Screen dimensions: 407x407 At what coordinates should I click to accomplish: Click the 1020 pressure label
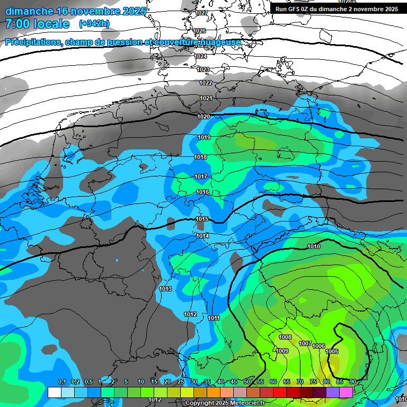[x=203, y=117]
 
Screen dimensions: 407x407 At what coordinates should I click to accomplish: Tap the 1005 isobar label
[x=332, y=351]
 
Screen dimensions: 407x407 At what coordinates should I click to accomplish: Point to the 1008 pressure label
[x=285, y=337]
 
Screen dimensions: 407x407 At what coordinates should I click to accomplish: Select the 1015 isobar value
[x=202, y=219]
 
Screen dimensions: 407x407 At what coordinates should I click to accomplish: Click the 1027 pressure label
[x=201, y=13]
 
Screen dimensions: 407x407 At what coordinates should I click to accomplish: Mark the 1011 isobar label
[x=214, y=318]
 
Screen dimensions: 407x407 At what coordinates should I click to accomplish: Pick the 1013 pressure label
[x=165, y=289]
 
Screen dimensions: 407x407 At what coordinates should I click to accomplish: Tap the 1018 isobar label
[x=200, y=157]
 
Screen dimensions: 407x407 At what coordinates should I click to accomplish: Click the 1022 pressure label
[x=206, y=83]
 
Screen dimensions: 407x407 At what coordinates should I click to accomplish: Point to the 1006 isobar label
[x=318, y=346]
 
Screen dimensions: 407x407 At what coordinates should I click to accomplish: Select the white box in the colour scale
[x=54, y=392]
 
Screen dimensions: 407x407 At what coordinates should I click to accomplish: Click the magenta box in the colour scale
[x=346, y=392]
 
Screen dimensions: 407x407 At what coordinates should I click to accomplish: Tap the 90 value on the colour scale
[x=352, y=382]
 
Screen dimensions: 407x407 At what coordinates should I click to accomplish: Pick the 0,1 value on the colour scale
[x=62, y=382]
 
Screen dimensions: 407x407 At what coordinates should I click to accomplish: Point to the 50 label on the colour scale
[x=247, y=382]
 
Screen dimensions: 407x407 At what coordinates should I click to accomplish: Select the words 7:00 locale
[x=37, y=24]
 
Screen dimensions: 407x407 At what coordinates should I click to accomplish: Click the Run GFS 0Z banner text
[x=337, y=9]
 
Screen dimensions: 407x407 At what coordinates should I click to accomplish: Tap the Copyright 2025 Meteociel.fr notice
[x=225, y=403]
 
